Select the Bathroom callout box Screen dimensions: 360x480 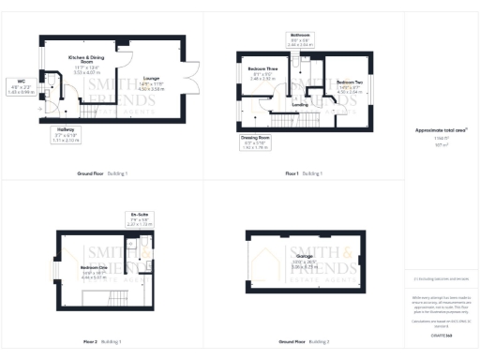click(x=299, y=40)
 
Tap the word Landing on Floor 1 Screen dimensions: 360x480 click(x=300, y=104)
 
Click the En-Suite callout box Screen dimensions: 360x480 click(x=139, y=221)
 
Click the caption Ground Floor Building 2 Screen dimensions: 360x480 click(x=304, y=340)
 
